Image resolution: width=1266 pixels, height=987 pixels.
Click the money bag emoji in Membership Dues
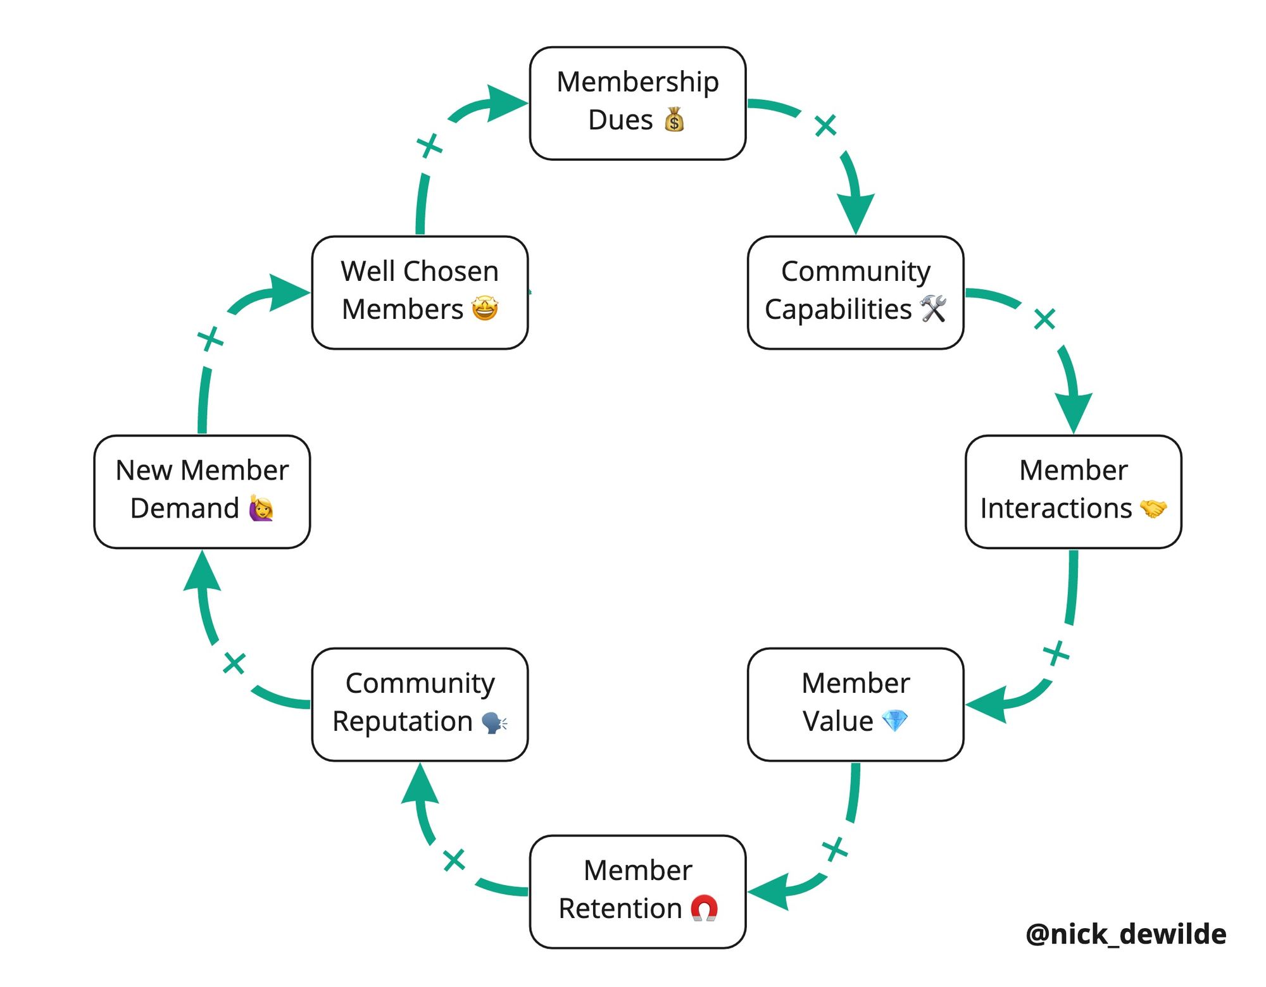[x=674, y=120]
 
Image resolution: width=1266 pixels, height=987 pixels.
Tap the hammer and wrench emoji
[x=933, y=309]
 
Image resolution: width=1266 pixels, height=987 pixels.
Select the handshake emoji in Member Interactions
[x=1153, y=508]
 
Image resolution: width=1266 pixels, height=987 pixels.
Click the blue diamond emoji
[x=894, y=721]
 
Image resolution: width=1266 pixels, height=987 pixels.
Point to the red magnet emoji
[x=704, y=908]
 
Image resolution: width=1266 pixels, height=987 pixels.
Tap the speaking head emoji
[x=494, y=722]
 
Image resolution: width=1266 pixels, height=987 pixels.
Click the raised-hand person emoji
[x=261, y=508]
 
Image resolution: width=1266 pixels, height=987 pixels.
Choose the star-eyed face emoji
[x=485, y=309]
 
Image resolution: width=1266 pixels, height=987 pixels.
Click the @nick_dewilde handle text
[x=1125, y=934]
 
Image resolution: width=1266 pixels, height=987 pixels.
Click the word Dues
[x=620, y=120]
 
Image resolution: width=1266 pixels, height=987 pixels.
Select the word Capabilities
[x=837, y=309]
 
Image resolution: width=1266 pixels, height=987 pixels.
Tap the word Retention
[x=620, y=909]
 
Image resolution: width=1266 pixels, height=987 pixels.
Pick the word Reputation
[x=402, y=721]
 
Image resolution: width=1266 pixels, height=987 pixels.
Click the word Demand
[x=184, y=508]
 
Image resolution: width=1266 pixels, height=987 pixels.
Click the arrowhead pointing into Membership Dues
[x=506, y=103]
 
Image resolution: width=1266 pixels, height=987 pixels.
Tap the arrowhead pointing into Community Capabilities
[x=856, y=212]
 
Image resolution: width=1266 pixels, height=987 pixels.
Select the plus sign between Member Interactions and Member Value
[x=1056, y=653]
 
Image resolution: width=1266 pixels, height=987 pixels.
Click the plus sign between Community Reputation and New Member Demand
[x=234, y=664]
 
